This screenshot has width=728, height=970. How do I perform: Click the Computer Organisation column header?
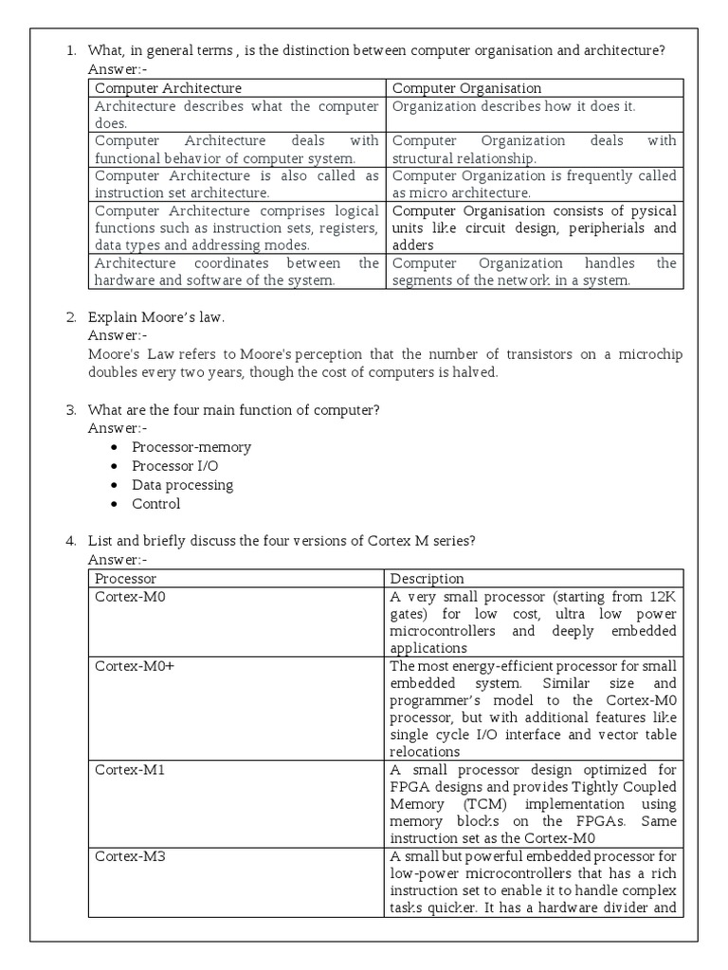(466, 88)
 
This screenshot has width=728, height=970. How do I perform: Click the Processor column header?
(126, 578)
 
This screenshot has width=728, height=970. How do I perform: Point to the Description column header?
(428, 578)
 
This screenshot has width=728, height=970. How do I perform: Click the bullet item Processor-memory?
(191, 447)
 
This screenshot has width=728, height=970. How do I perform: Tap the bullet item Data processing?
(182, 485)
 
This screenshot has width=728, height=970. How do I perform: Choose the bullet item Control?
(155, 504)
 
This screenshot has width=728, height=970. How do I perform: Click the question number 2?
(71, 316)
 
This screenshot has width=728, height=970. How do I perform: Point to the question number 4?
(71, 541)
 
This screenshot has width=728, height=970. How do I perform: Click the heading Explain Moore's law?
(156, 316)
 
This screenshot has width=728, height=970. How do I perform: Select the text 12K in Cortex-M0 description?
(661, 596)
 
